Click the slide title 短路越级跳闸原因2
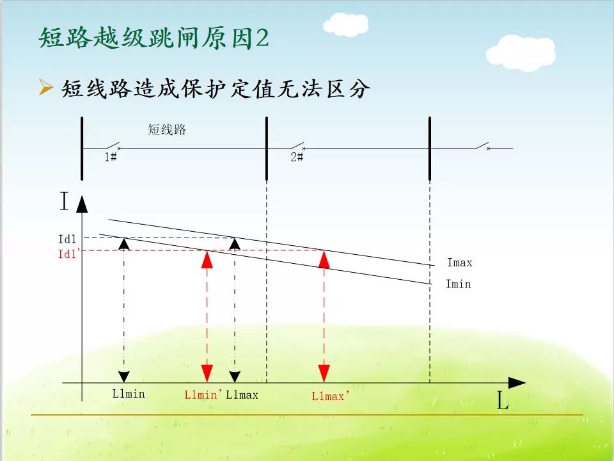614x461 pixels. pos(153,38)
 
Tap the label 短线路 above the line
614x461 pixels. pos(167,129)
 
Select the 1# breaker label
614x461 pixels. pos(111,157)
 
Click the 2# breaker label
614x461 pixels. pos(297,157)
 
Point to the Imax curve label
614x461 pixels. pos(460,263)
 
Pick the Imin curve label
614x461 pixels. pos(459,284)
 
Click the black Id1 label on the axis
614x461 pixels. pos(67,239)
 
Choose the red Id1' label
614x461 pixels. pos(69,254)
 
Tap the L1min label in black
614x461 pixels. pos(129,394)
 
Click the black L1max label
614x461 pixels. pos(242,395)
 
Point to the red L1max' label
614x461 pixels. pos(329,396)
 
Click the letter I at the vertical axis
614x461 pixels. pos(64,202)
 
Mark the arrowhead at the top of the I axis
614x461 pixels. pos(82,204)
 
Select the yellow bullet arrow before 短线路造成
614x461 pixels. pos(45,88)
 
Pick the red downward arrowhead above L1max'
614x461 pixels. pos(324,373)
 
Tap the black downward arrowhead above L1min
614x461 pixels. pos(124,376)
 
